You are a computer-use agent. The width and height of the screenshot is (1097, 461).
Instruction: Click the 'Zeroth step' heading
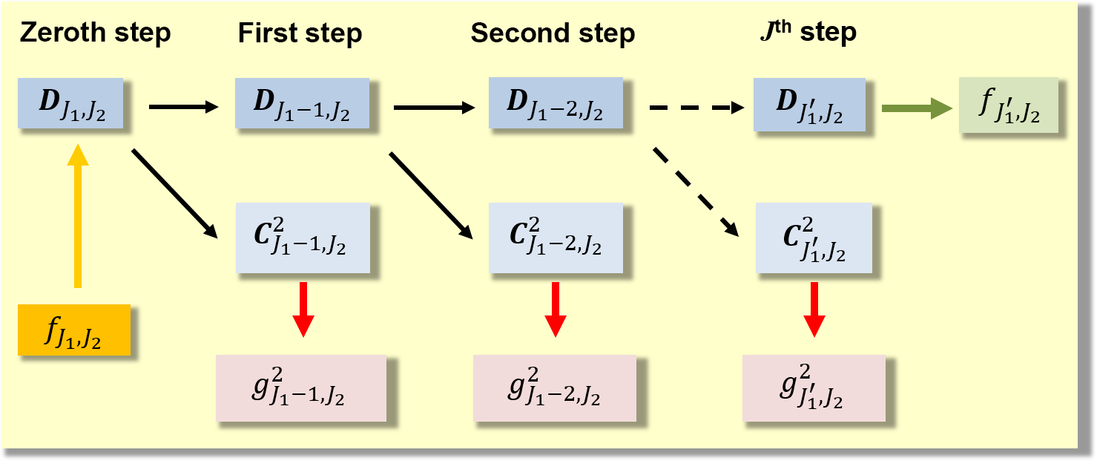click(95, 33)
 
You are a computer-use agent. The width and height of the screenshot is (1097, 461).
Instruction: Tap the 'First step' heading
click(300, 33)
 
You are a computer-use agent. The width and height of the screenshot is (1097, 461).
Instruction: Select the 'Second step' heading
click(553, 33)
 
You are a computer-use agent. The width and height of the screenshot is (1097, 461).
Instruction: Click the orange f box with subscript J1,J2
click(74, 330)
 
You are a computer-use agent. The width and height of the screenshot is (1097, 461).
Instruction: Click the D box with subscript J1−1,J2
click(292, 103)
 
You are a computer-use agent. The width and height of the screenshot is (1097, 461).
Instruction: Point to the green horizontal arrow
click(917, 108)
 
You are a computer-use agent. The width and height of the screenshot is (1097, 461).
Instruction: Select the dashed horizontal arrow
click(696, 108)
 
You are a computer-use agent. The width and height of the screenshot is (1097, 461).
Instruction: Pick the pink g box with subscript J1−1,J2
click(301, 388)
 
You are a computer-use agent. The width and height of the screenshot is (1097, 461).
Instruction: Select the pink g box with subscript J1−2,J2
click(555, 388)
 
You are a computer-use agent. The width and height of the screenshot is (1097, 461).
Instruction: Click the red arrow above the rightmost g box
click(814, 308)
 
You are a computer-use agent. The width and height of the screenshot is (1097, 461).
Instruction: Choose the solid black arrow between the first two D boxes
click(184, 108)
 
